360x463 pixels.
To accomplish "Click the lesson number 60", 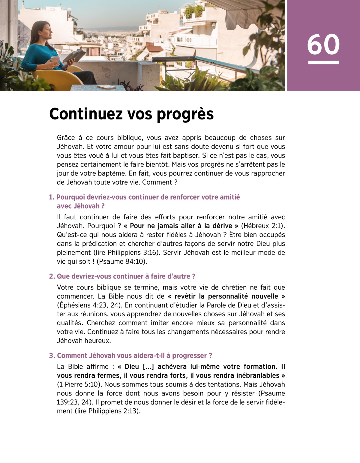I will [323, 44].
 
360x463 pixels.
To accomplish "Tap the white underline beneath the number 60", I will [323, 62].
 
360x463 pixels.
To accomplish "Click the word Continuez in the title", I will [85, 114].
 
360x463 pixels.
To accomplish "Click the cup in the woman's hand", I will [55, 60].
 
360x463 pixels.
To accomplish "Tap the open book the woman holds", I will [73, 56].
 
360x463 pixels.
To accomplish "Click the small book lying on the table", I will [106, 87].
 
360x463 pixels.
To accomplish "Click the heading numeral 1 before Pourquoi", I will [51, 197].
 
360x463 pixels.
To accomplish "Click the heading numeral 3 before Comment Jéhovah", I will [52, 356].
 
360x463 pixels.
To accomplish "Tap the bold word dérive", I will [222, 226].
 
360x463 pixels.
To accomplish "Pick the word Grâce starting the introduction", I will [66, 138].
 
